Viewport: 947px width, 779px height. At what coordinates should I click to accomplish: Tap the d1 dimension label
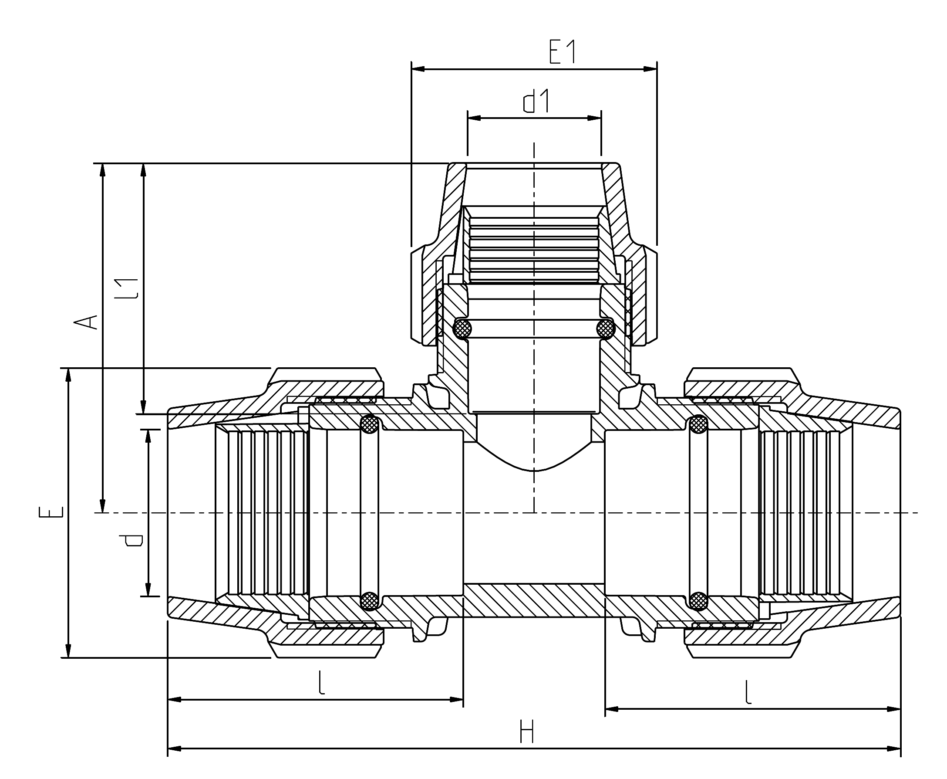[x=536, y=102]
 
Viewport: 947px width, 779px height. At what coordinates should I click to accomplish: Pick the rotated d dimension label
[x=134, y=540]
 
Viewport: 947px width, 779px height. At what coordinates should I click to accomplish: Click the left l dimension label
[x=320, y=683]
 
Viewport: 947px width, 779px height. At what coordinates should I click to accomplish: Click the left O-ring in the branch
[x=462, y=329]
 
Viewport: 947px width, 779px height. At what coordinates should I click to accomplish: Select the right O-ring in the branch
[x=606, y=329]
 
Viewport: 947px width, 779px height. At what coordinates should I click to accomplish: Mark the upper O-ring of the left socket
[x=370, y=424]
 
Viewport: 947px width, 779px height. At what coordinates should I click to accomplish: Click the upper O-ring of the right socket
[x=698, y=424]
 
